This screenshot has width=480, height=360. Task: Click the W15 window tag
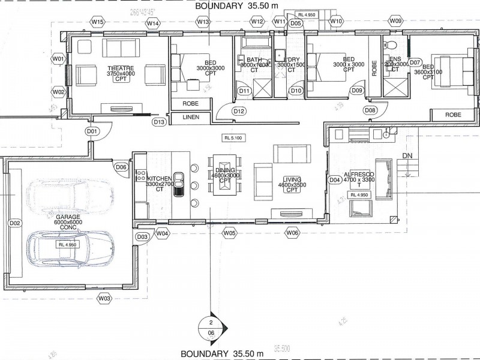pyautogui.click(x=99, y=22)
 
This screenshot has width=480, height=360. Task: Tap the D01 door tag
pyautogui.click(x=92, y=131)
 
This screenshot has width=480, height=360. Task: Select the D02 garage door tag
pyautogui.click(x=15, y=223)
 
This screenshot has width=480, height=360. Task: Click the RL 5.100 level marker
pyautogui.click(x=232, y=137)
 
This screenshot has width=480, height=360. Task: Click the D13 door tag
pyautogui.click(x=159, y=122)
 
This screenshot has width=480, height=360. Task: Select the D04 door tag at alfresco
pyautogui.click(x=335, y=179)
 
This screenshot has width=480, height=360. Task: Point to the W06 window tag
pyautogui.click(x=292, y=232)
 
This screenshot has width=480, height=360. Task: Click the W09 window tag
pyautogui.click(x=395, y=21)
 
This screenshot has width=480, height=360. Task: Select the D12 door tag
pyautogui.click(x=239, y=111)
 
